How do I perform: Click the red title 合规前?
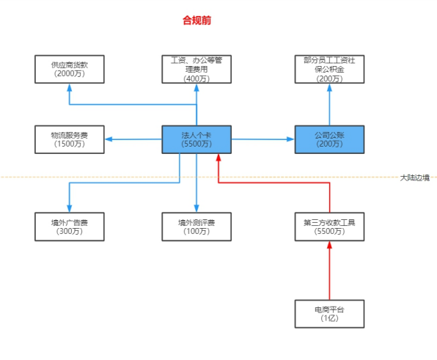coord(197,21)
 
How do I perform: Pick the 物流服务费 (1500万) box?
coord(70,139)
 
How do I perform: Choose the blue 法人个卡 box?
coord(197,139)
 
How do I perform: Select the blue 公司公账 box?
coord(328,139)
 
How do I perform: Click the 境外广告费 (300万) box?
coord(70,226)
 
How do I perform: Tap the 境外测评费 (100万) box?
coord(197,226)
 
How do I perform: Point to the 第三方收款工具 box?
coord(328,226)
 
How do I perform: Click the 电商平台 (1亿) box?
coord(328,314)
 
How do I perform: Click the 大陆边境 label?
coord(414,177)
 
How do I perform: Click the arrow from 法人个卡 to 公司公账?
coord(262,139)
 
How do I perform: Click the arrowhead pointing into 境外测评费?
coord(197,208)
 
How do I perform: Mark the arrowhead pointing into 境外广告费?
coord(70,208)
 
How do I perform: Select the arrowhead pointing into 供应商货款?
coord(70,87)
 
